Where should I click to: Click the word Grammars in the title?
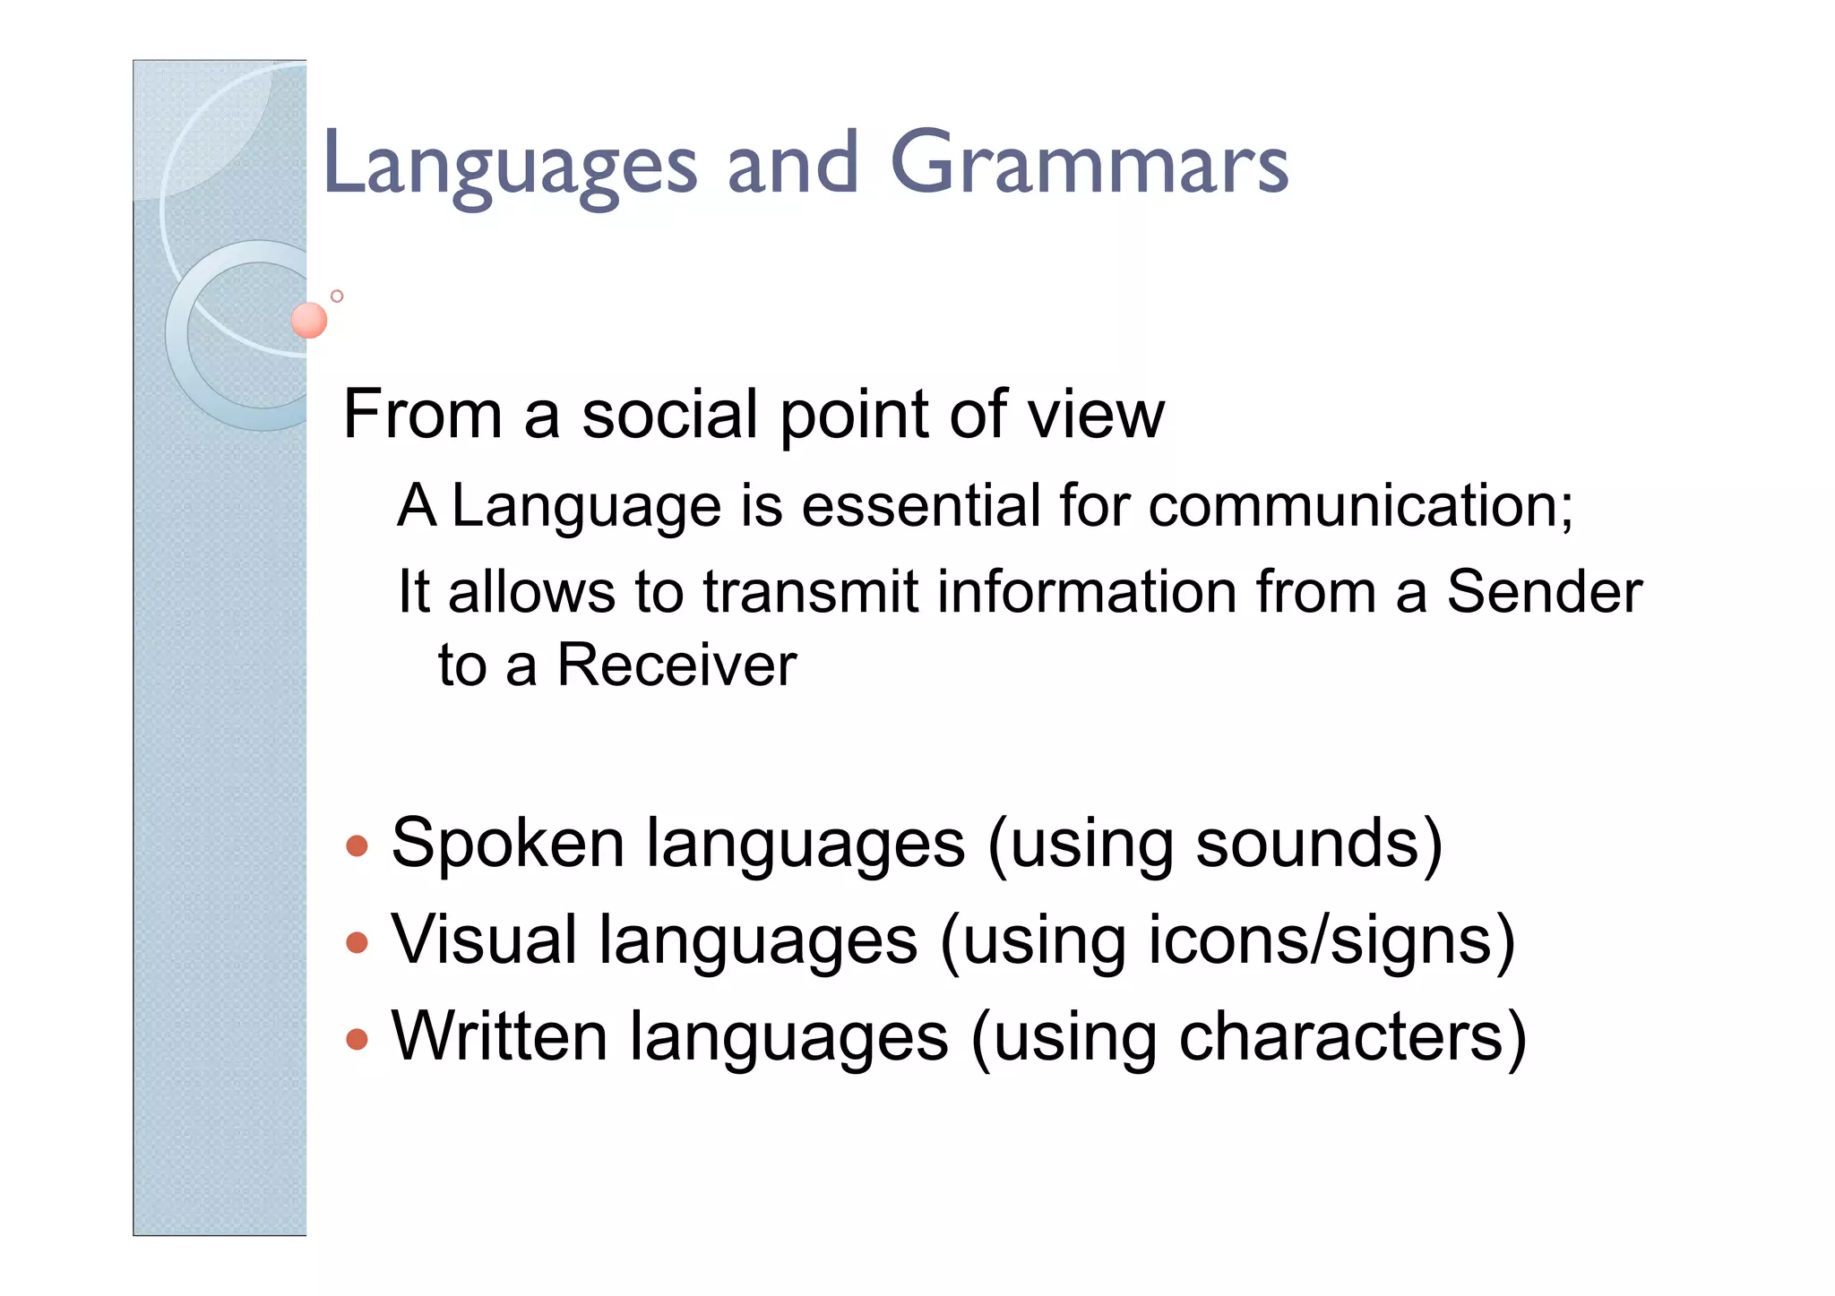pyautogui.click(x=1089, y=163)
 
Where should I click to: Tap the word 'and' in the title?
pyautogui.click(x=792, y=163)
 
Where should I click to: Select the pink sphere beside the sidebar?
pyautogui.click(x=309, y=320)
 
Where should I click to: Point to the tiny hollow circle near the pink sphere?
pyautogui.click(x=337, y=296)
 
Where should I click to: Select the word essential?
pyautogui.click(x=920, y=506)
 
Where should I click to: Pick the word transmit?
pyautogui.click(x=810, y=592)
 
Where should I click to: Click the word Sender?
pyautogui.click(x=1544, y=592)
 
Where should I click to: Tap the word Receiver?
pyautogui.click(x=676, y=665)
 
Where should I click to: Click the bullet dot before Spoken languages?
pyautogui.click(x=357, y=845)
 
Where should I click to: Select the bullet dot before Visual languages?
pyautogui.click(x=357, y=941)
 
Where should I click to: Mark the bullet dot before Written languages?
pyautogui.click(x=357, y=1038)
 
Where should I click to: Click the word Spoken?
pyautogui.click(x=508, y=845)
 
